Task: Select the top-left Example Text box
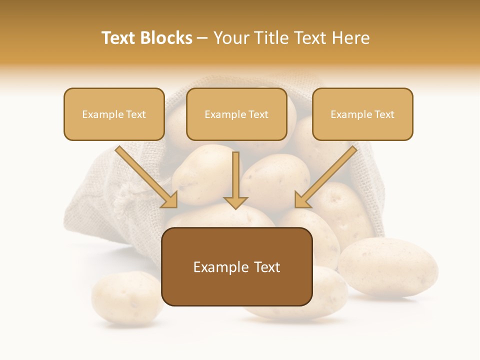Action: (114, 114)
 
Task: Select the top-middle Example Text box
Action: (236, 114)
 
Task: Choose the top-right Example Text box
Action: (362, 114)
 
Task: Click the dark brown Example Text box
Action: (236, 266)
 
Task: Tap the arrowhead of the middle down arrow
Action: (235, 202)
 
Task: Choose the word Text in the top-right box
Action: (383, 114)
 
